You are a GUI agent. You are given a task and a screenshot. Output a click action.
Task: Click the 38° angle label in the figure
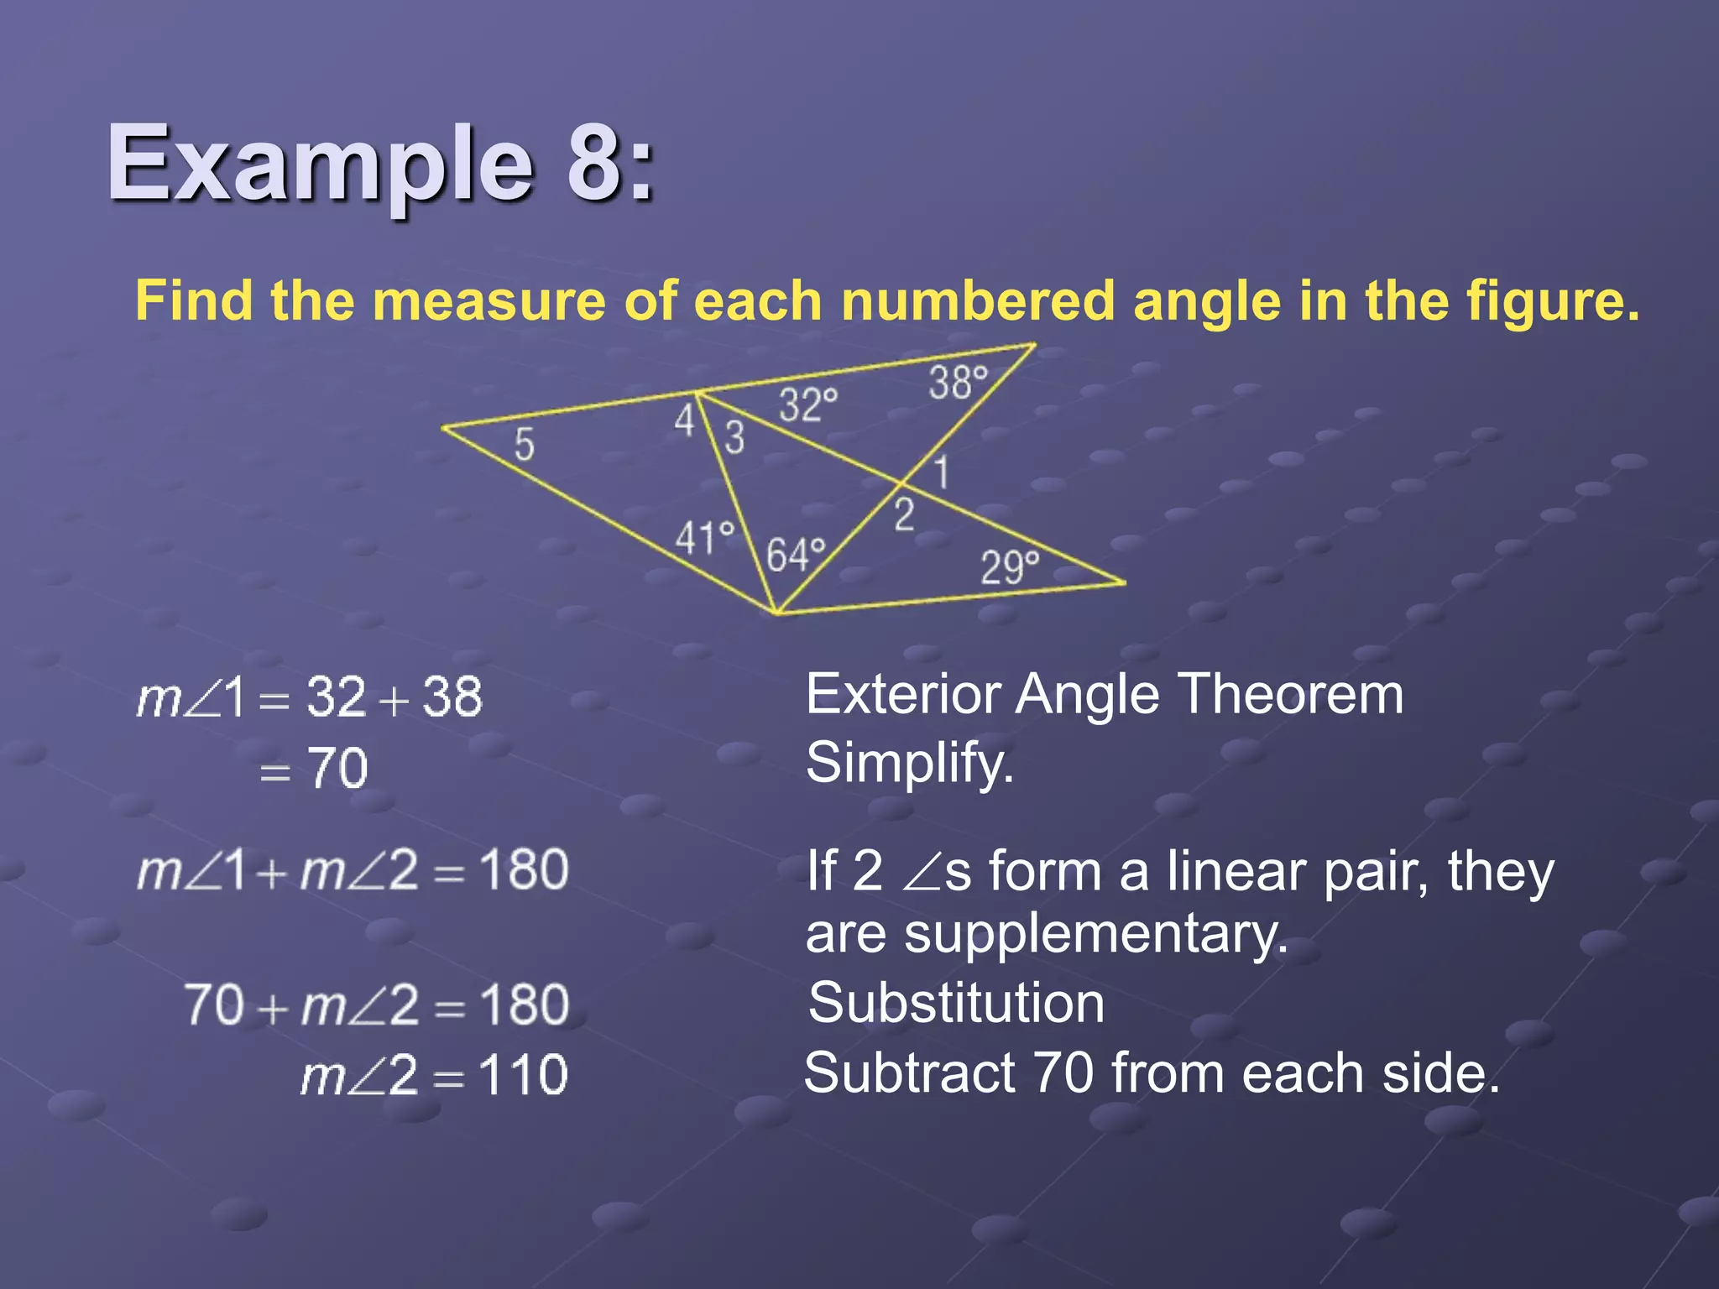[958, 383]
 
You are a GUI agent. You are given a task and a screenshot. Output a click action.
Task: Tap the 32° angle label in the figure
[807, 405]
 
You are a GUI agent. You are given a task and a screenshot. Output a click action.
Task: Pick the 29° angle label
[1010, 567]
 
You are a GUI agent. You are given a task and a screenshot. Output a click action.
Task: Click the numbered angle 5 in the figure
[524, 444]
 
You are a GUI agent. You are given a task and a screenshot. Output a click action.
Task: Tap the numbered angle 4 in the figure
[684, 420]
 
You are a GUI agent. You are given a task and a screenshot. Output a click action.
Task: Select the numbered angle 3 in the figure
[734, 437]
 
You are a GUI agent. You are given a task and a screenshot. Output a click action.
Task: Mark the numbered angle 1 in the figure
[942, 472]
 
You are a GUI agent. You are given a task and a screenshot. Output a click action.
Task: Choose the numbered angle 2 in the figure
[903, 514]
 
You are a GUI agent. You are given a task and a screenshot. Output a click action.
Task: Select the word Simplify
[909, 764]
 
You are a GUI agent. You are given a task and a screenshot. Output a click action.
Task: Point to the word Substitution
[956, 1003]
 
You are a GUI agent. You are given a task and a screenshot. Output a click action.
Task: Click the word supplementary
[1046, 935]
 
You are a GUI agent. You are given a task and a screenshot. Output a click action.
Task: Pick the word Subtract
[909, 1072]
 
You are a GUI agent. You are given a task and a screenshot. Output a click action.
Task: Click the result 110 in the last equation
[523, 1075]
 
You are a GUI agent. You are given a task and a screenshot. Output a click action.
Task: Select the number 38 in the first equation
[452, 697]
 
